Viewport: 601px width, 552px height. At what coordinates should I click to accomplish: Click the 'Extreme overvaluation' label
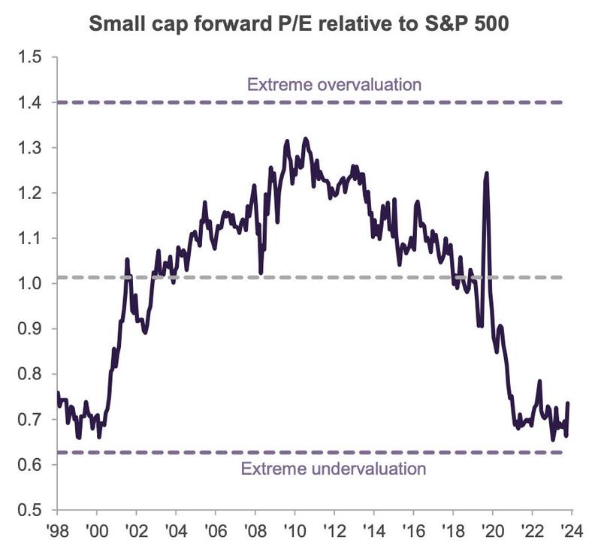(334, 83)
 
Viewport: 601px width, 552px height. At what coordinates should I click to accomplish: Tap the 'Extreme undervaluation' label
(334, 469)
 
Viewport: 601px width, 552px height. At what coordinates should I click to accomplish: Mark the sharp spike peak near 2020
(487, 173)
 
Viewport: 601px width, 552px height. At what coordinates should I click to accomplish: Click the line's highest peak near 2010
(305, 138)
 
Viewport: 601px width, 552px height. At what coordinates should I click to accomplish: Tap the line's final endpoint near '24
(568, 403)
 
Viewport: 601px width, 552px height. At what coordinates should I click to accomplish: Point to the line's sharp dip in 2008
(261, 273)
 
